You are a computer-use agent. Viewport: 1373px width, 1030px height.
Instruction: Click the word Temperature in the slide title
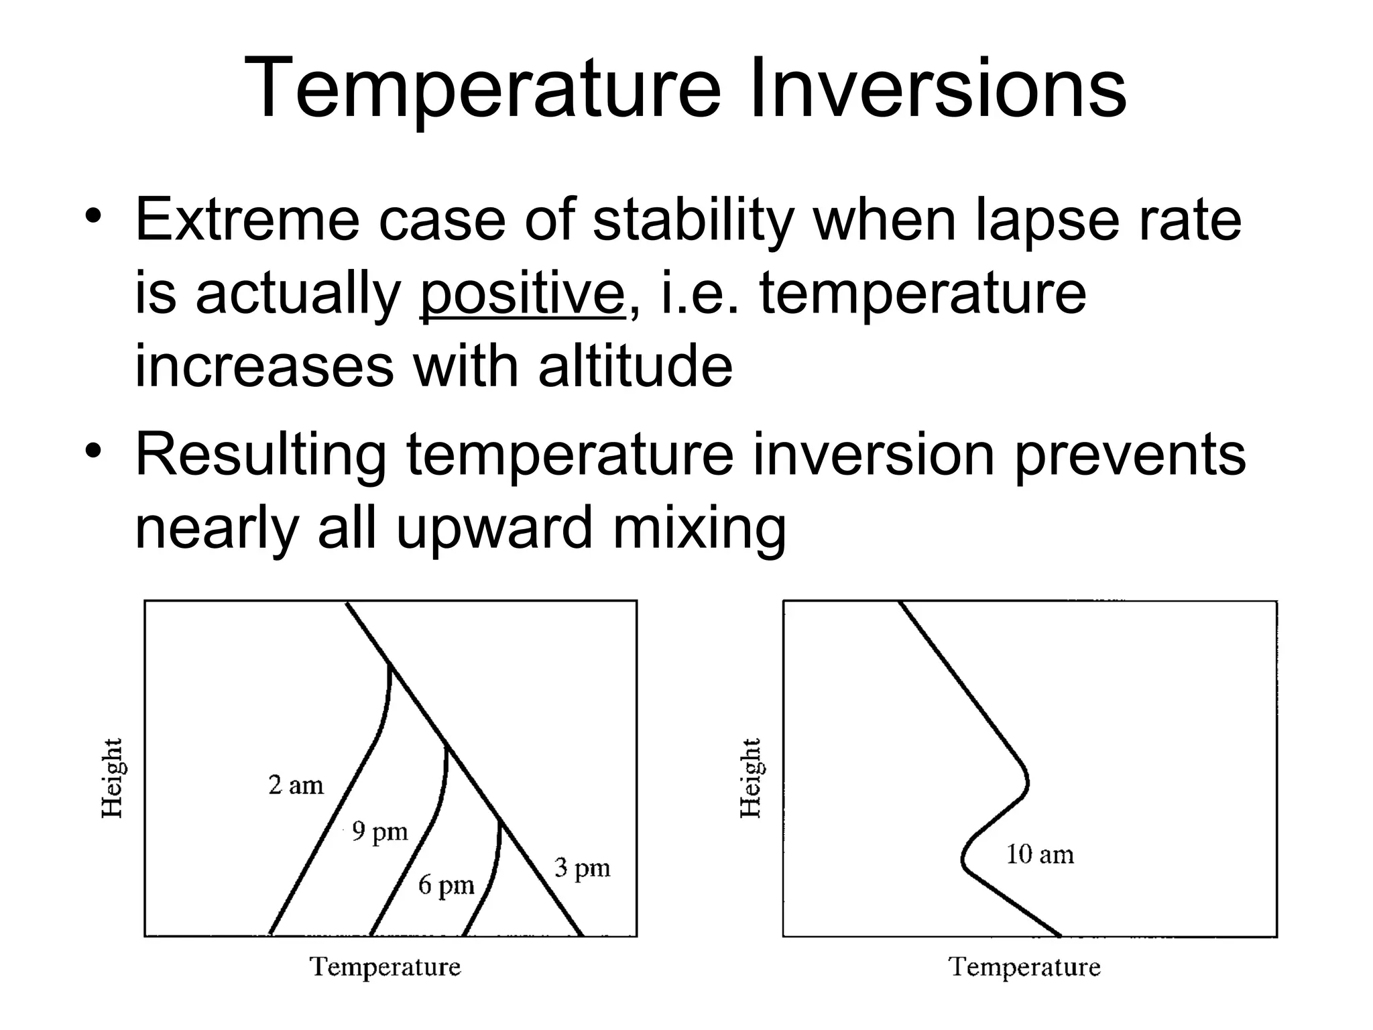point(482,89)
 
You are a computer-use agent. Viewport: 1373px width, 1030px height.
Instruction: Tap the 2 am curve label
point(296,785)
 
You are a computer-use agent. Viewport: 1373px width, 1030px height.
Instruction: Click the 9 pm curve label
point(379,832)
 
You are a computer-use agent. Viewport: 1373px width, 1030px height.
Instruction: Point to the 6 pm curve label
point(446,885)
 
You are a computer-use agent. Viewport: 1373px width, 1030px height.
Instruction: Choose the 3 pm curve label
point(582,868)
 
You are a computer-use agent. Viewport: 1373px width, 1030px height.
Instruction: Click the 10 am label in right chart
point(1039,855)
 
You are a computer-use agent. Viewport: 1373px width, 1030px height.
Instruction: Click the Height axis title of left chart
point(112,778)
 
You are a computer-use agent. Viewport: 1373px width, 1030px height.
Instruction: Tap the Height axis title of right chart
point(750,778)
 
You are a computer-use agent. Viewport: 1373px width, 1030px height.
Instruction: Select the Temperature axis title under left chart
point(385,967)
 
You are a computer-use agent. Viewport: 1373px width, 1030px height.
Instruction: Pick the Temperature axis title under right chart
point(1024,967)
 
